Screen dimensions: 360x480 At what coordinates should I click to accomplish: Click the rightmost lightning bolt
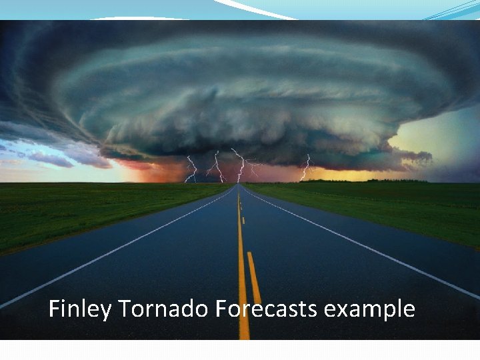(x=307, y=167)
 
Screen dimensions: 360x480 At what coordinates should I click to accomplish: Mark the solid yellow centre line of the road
(x=242, y=267)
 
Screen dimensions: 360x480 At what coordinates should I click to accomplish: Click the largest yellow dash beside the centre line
(x=254, y=277)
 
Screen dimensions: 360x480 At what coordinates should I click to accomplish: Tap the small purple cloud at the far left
(x=50, y=160)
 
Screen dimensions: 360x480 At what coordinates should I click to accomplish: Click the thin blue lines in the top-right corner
(x=453, y=10)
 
